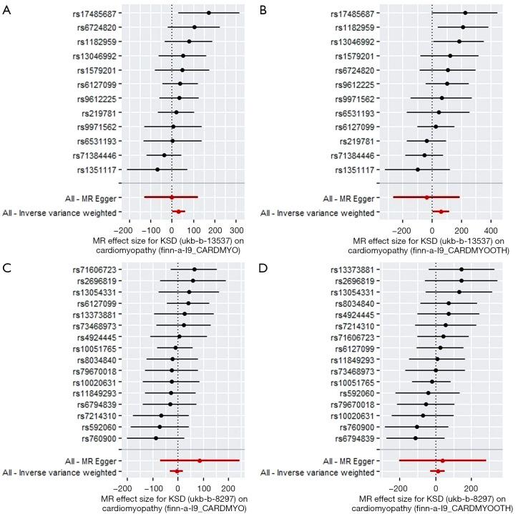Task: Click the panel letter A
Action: click(6, 7)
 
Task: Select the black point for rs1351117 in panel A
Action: click(157, 169)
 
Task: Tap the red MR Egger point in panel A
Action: click(172, 197)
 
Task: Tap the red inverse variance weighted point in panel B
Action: click(441, 212)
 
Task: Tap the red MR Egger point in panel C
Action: click(200, 460)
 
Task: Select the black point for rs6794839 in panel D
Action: click(415, 438)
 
